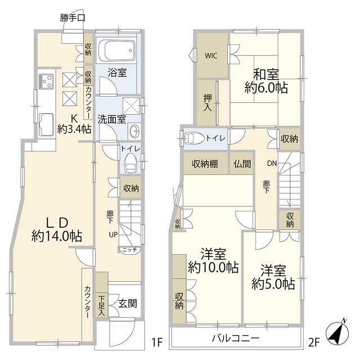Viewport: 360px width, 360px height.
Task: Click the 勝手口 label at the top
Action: point(73,17)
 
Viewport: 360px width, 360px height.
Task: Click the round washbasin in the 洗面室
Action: point(135,132)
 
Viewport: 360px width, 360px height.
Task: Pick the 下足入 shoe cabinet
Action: point(101,305)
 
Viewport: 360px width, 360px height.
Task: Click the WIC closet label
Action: point(211,56)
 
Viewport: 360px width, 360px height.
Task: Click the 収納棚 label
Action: point(205,164)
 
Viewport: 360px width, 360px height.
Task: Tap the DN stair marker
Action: point(272,165)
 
